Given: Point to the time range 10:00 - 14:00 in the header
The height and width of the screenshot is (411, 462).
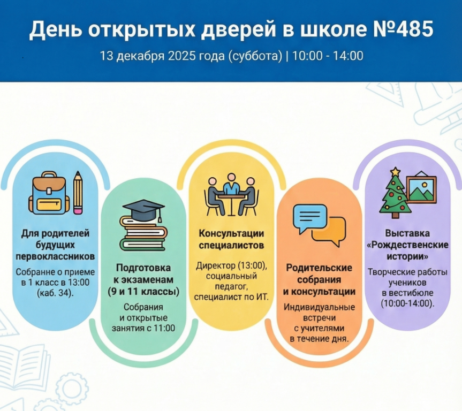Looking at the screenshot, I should coord(328,56).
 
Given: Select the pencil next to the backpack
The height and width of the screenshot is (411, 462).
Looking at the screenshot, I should coord(78,191).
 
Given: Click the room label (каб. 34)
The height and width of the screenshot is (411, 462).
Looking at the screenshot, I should coord(56,293).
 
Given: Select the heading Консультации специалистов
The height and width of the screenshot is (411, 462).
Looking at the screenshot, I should coord(231,240).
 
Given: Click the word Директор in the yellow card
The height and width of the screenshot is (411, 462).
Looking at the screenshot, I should coord(213,266).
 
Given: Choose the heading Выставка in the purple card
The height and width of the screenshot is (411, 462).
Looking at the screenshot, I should coord(407,234).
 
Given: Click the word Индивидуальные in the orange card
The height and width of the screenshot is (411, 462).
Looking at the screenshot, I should coord(319,307).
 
